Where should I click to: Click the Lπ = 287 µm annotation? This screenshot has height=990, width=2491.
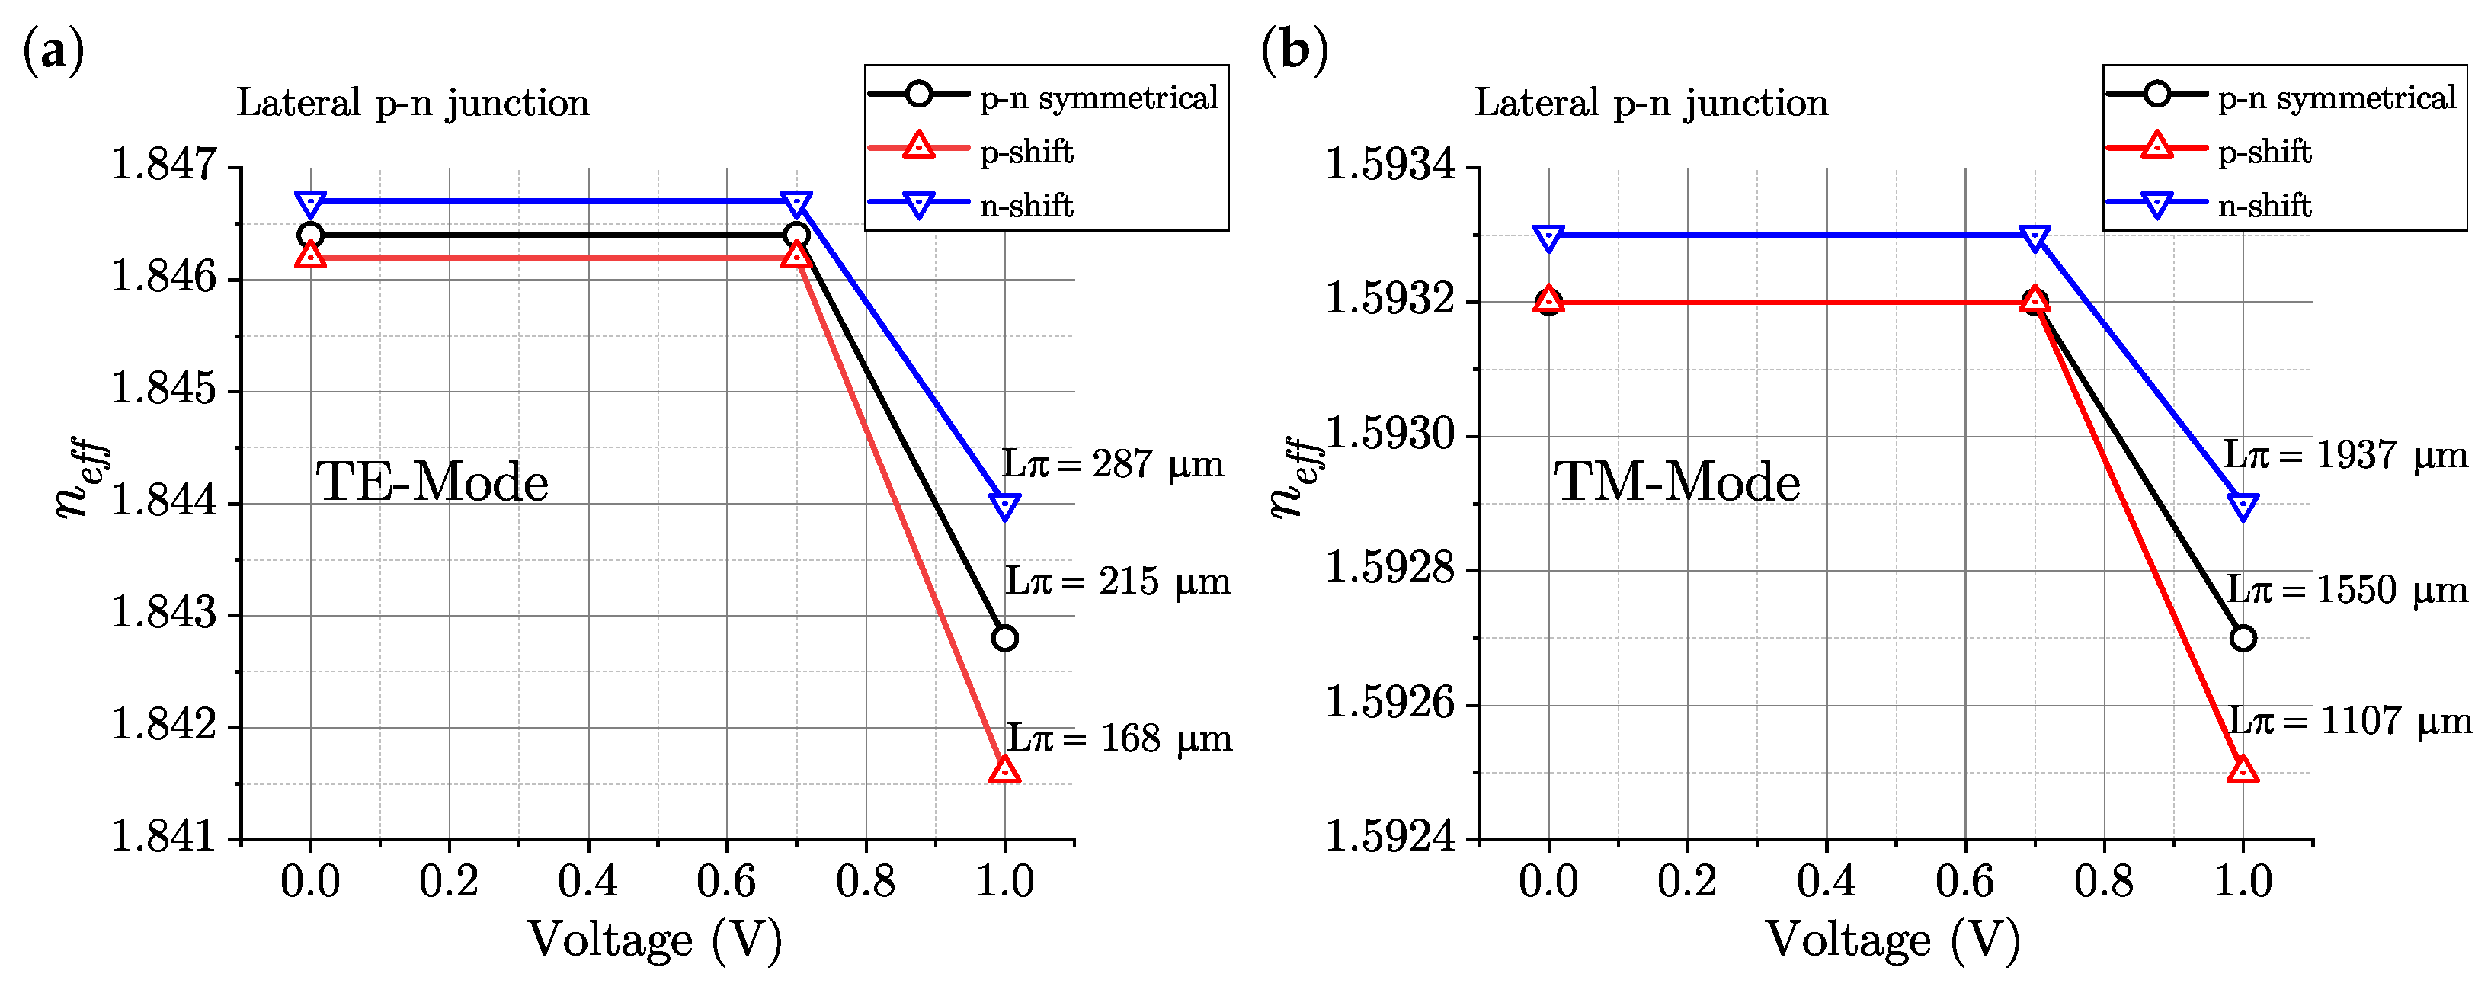(1112, 465)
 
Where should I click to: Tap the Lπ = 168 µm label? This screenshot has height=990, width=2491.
(1119, 739)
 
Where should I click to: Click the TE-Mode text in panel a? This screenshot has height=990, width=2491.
(431, 482)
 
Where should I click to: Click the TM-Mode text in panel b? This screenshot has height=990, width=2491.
(1676, 482)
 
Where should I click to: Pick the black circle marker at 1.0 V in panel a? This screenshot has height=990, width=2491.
(1005, 638)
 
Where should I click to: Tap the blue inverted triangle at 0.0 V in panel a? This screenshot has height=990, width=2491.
(310, 204)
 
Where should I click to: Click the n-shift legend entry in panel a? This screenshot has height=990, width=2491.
(1025, 206)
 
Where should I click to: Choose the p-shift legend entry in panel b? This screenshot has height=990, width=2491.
(2263, 152)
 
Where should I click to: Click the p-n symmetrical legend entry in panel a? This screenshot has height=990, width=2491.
(1097, 98)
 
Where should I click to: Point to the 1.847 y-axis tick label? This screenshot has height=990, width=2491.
(165, 165)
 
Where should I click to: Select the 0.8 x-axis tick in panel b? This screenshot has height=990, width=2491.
(2103, 882)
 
